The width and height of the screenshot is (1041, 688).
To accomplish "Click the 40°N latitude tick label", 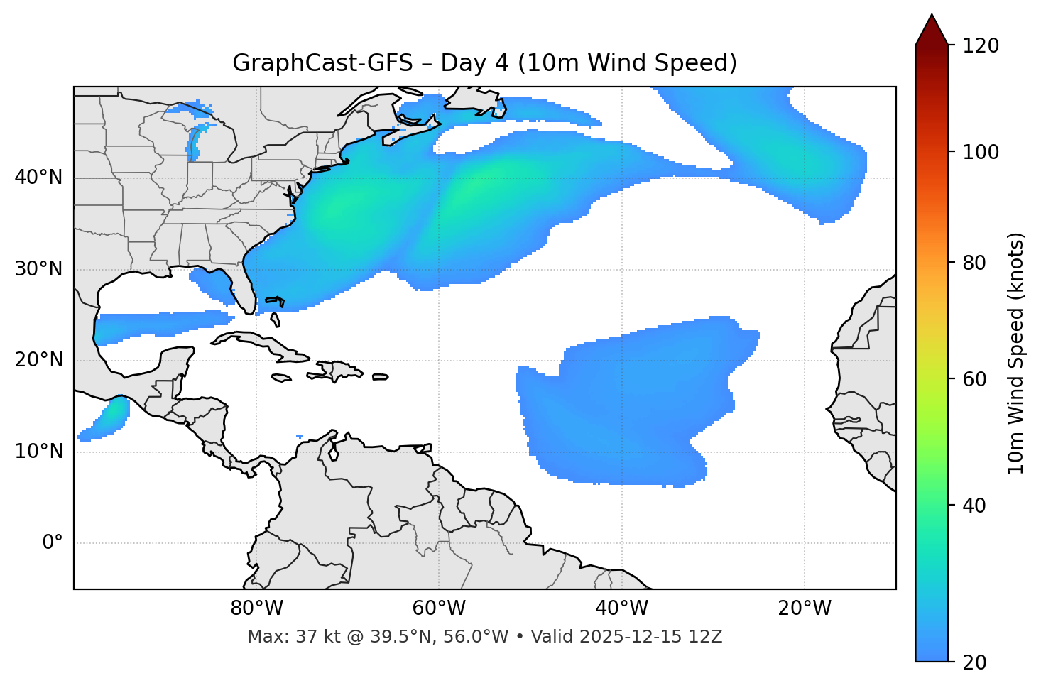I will (x=38, y=178).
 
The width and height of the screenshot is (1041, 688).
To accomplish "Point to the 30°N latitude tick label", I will (x=38, y=269).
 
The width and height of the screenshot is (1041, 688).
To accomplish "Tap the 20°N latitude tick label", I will (x=38, y=360).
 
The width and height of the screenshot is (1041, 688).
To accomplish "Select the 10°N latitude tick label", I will (x=38, y=452).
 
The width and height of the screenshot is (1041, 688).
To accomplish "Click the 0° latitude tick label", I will (x=53, y=543).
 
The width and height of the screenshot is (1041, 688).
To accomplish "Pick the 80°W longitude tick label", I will (x=256, y=608).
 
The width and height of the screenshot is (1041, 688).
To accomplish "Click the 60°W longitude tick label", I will (x=439, y=608).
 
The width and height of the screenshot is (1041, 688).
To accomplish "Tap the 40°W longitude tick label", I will (x=621, y=608).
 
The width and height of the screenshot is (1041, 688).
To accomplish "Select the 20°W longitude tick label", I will (x=804, y=608).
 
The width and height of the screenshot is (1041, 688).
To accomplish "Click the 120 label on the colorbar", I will (x=981, y=46).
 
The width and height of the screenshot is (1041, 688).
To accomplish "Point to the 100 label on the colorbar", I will (x=981, y=152).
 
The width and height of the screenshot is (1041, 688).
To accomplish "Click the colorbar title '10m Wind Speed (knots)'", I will (x=1016, y=353).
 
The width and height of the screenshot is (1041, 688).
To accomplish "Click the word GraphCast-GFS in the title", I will (x=322, y=63).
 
